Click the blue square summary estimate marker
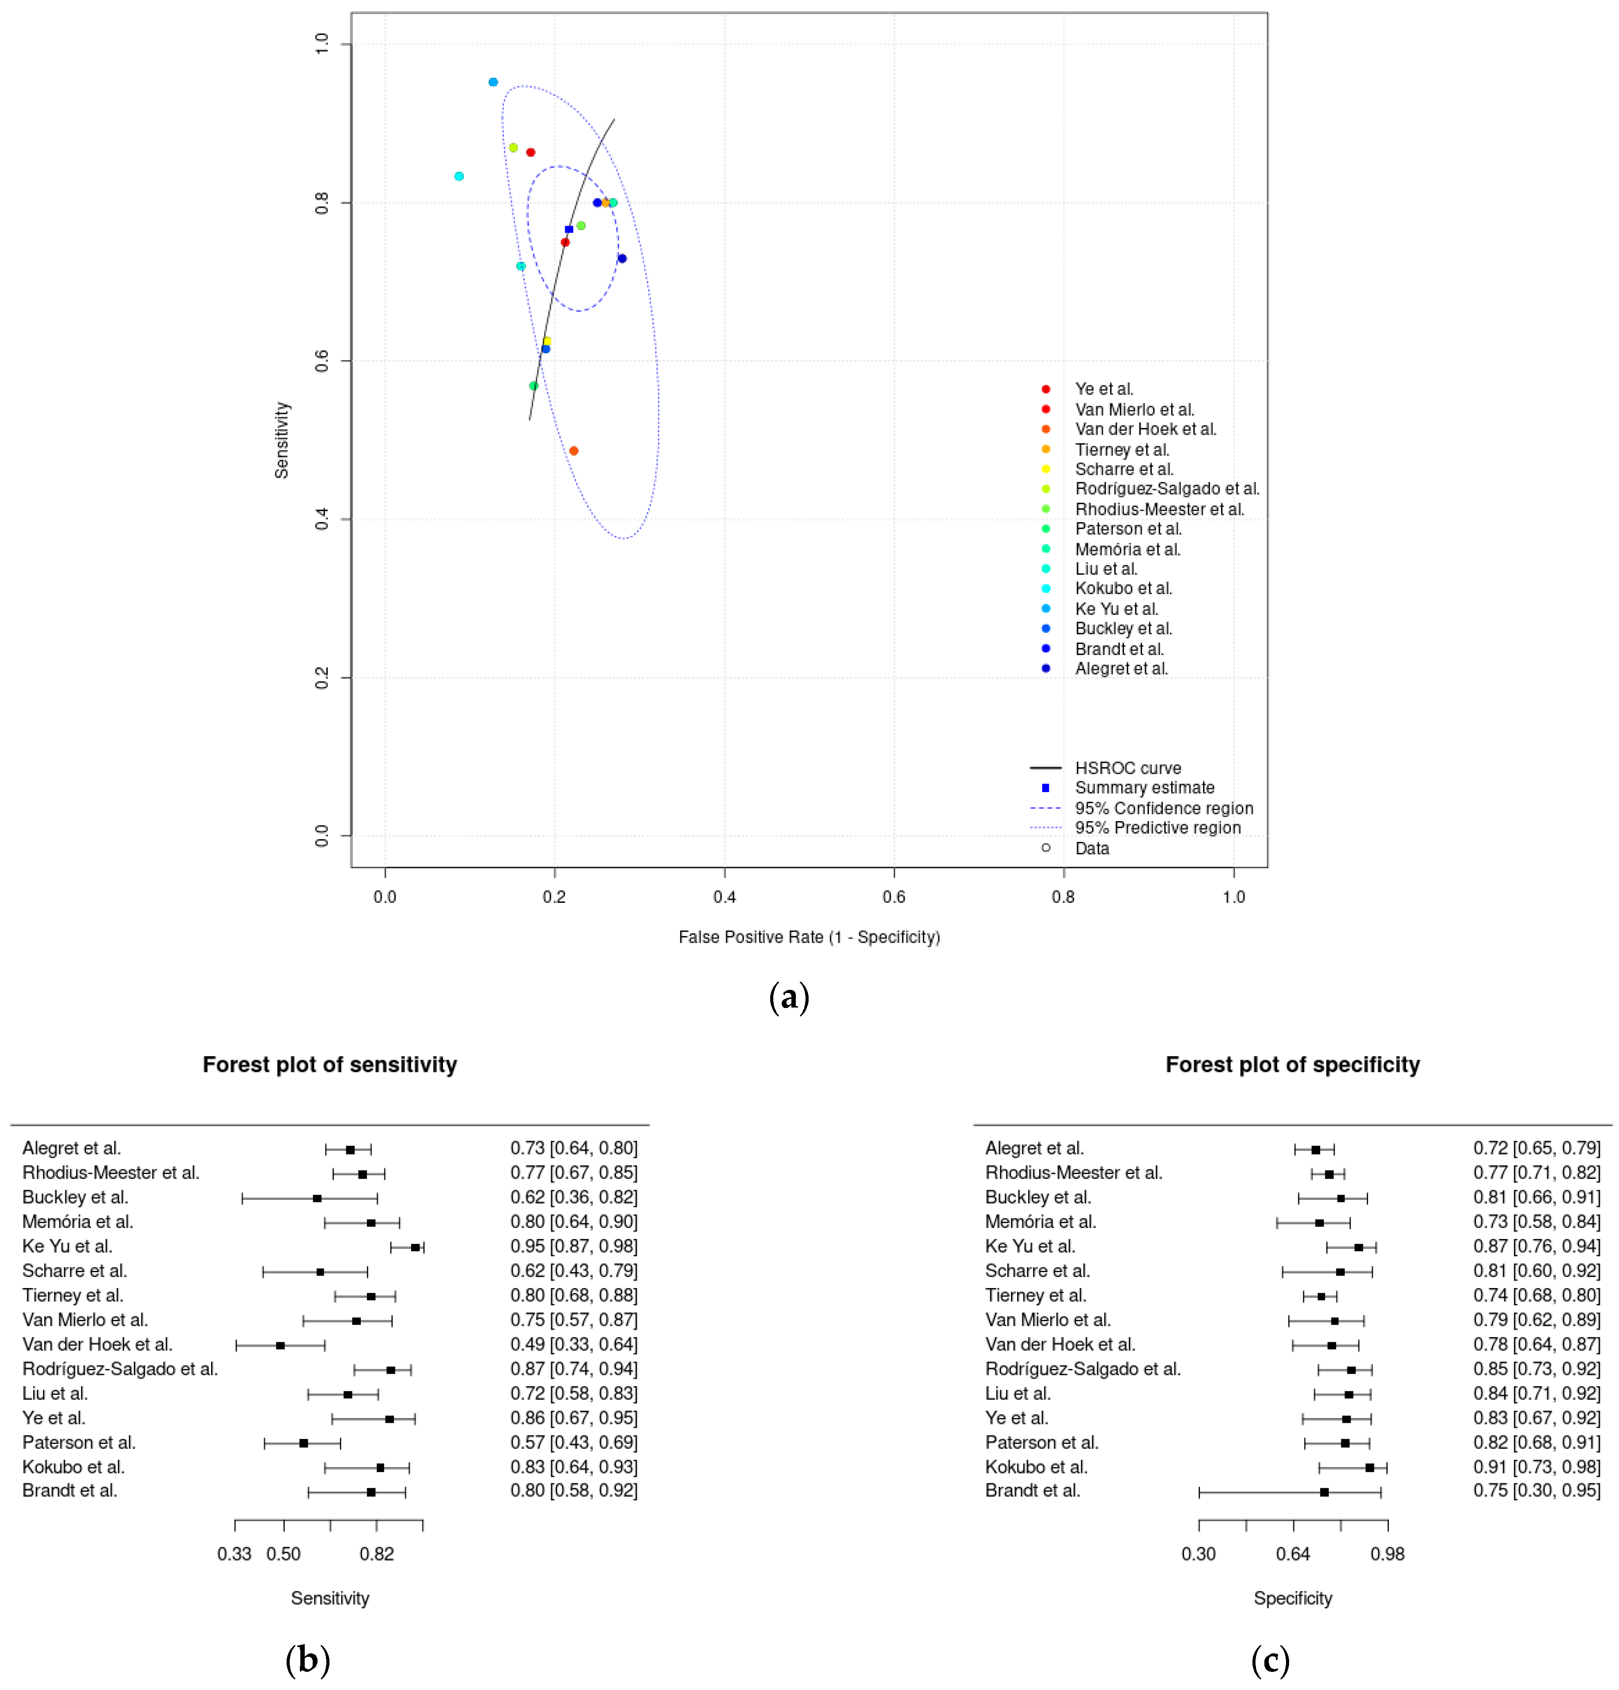click(569, 229)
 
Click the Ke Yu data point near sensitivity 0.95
click(493, 82)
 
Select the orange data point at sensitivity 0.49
click(573, 451)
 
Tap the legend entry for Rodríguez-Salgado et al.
click(1166, 489)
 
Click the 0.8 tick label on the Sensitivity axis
click(322, 203)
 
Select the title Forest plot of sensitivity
click(329, 1065)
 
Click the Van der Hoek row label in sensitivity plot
click(97, 1344)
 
